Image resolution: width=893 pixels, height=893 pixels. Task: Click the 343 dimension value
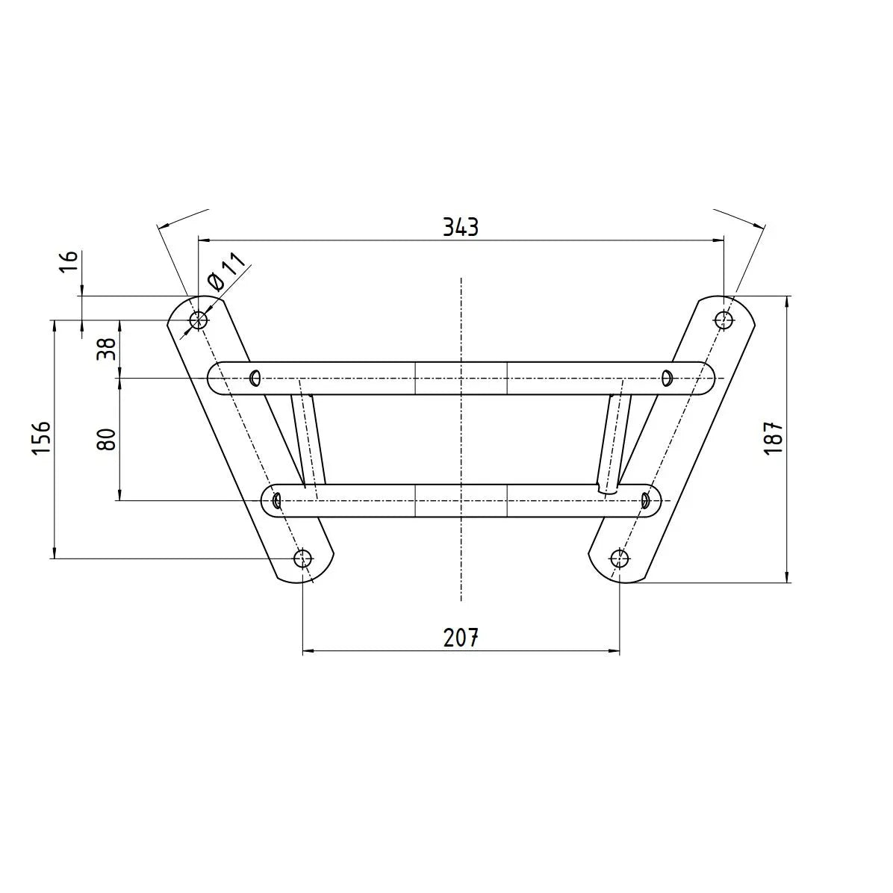pos(461,227)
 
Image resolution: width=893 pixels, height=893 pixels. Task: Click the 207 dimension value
pos(461,638)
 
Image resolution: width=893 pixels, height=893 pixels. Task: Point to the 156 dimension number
pos(42,438)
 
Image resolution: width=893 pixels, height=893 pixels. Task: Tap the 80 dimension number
pos(107,439)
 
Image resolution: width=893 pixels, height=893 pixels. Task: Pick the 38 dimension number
pos(107,349)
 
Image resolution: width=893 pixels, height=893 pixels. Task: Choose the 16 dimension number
pos(69,263)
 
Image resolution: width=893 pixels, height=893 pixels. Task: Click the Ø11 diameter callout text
pos(226,273)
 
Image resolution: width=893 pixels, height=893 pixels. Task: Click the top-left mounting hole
pos(198,320)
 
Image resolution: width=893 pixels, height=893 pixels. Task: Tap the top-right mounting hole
pos(724,320)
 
